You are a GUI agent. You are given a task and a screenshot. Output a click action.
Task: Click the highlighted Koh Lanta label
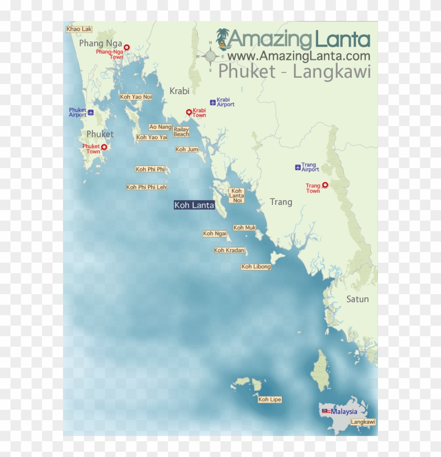tap(194, 205)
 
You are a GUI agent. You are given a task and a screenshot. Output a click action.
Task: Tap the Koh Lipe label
tap(270, 400)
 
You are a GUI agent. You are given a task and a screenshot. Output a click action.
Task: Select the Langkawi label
tap(363, 422)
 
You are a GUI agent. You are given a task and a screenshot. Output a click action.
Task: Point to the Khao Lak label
tap(79, 29)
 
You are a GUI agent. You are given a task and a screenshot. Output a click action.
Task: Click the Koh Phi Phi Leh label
tap(146, 187)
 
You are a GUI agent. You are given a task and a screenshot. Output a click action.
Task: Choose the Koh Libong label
tap(256, 267)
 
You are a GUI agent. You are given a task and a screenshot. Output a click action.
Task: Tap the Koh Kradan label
tap(229, 250)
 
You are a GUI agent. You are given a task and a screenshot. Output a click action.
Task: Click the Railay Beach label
tap(181, 132)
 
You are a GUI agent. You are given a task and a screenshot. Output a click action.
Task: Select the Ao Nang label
tap(160, 127)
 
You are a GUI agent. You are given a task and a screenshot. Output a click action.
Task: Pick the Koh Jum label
tap(187, 150)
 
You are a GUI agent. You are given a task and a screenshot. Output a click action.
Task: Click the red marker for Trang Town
tap(325, 184)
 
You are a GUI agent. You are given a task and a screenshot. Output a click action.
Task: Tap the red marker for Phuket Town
tap(104, 147)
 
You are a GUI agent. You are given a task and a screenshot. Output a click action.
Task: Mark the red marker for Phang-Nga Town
tap(126, 47)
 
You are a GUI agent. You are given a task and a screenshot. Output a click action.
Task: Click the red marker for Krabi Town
tap(189, 112)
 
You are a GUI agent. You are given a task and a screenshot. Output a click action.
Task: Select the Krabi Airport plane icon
tap(213, 102)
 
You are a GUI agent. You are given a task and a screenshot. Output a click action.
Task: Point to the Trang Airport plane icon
tap(298, 168)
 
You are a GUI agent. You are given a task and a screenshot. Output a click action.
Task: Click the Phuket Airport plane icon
tap(91, 112)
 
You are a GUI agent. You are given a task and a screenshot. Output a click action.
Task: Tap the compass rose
tap(211, 56)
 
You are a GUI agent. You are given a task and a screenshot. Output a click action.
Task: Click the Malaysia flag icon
tap(325, 411)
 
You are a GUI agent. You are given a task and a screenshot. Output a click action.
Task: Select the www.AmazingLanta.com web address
tap(299, 56)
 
